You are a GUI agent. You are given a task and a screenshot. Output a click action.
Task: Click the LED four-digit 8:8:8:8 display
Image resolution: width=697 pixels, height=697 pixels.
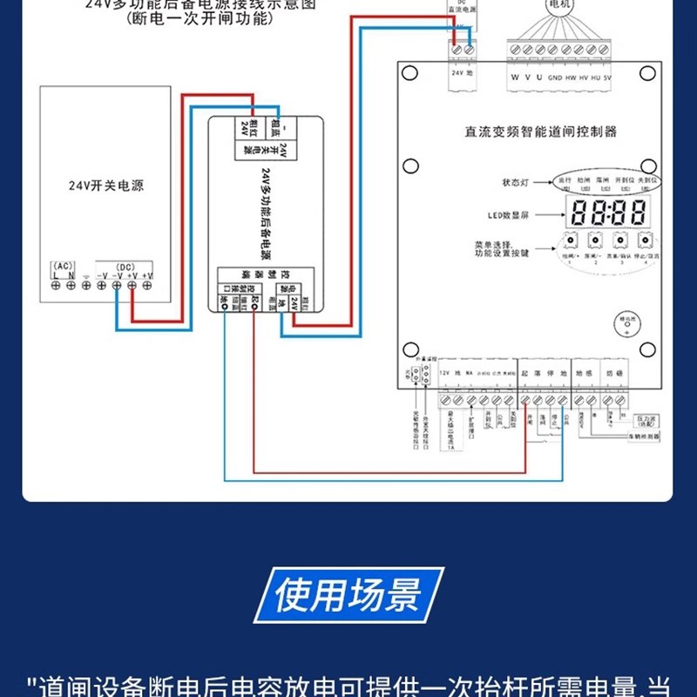pyautogui.click(x=608, y=212)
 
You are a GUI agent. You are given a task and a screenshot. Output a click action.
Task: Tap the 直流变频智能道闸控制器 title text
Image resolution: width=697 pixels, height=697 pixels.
pyautogui.click(x=540, y=132)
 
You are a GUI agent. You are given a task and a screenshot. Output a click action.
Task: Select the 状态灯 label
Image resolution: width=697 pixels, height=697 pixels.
pyautogui.click(x=517, y=184)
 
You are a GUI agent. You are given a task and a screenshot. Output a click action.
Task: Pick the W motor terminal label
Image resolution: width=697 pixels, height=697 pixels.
pyautogui.click(x=515, y=76)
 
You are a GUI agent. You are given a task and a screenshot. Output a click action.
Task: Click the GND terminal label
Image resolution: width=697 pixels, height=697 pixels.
pyautogui.click(x=554, y=76)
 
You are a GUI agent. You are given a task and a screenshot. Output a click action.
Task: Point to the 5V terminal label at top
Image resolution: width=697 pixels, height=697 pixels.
pyautogui.click(x=607, y=76)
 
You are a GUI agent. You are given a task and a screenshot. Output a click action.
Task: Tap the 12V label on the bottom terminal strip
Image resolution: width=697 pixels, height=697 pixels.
pyautogui.click(x=445, y=372)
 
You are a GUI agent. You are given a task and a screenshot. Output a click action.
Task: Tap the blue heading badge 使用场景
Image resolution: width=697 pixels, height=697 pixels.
pyautogui.click(x=348, y=596)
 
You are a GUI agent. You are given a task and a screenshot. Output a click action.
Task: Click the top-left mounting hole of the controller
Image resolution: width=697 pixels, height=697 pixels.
pyautogui.click(x=408, y=73)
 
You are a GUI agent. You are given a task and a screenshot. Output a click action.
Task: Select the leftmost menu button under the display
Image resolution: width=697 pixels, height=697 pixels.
pyautogui.click(x=571, y=241)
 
